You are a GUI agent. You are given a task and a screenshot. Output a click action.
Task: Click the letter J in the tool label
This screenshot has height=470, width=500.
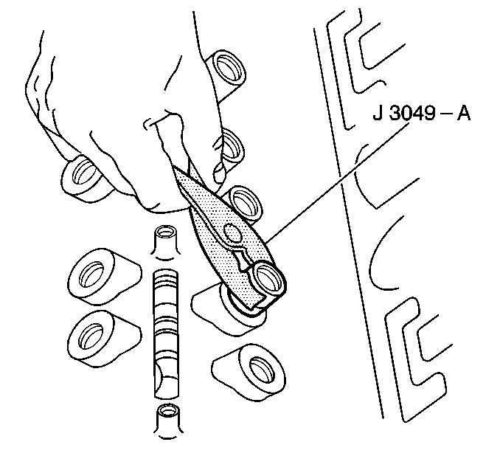(x=378, y=113)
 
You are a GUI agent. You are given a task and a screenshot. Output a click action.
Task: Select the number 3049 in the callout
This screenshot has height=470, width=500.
(x=413, y=113)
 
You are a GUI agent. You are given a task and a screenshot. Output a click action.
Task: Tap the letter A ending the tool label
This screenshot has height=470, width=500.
(x=464, y=113)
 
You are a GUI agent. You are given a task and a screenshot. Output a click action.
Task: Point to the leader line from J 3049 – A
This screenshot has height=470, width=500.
(x=337, y=182)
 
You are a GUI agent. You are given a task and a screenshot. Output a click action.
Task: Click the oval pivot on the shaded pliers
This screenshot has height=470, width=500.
(x=232, y=232)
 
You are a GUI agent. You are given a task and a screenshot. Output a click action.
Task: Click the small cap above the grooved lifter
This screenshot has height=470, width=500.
(x=167, y=241)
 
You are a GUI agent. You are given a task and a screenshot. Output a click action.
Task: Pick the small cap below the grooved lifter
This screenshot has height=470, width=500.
(x=167, y=421)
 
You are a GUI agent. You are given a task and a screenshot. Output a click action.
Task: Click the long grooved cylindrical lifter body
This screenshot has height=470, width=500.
(x=166, y=334)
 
